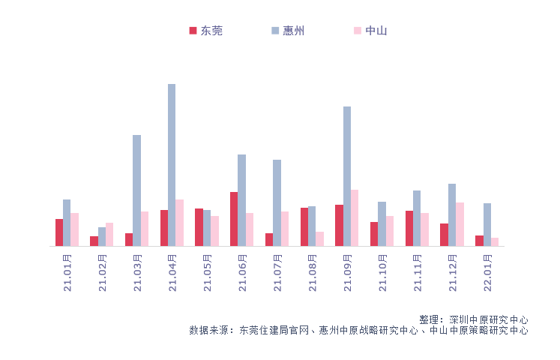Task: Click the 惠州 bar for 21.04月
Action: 172,165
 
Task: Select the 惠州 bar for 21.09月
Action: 347,176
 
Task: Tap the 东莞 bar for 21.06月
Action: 234,219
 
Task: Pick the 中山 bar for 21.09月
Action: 355,217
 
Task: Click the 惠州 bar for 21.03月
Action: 136,190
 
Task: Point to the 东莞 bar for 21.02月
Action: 94,241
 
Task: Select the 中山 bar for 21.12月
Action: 460,224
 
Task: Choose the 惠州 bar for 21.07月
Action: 277,202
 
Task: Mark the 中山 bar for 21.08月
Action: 319,238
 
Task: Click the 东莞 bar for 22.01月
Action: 479,241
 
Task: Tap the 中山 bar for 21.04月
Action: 179,223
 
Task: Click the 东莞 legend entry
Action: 206,31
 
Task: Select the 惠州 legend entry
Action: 288,31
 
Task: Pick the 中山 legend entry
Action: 370,31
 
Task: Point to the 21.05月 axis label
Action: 208,274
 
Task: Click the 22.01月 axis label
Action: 488,274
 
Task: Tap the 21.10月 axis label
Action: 383,274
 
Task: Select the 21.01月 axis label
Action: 67,274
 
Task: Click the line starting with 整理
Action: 473,319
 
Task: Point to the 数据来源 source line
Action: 358,330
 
